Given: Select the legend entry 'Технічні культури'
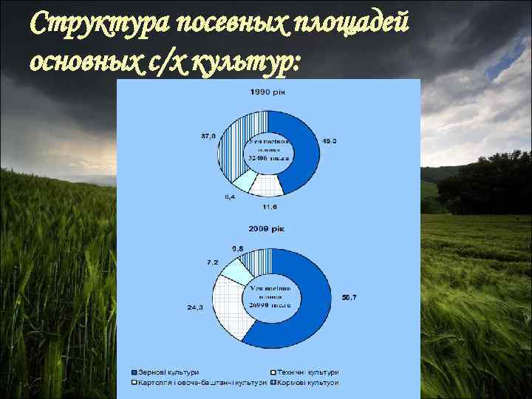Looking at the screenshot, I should [x=308, y=372].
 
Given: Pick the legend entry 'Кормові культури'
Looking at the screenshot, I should [x=308, y=383].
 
